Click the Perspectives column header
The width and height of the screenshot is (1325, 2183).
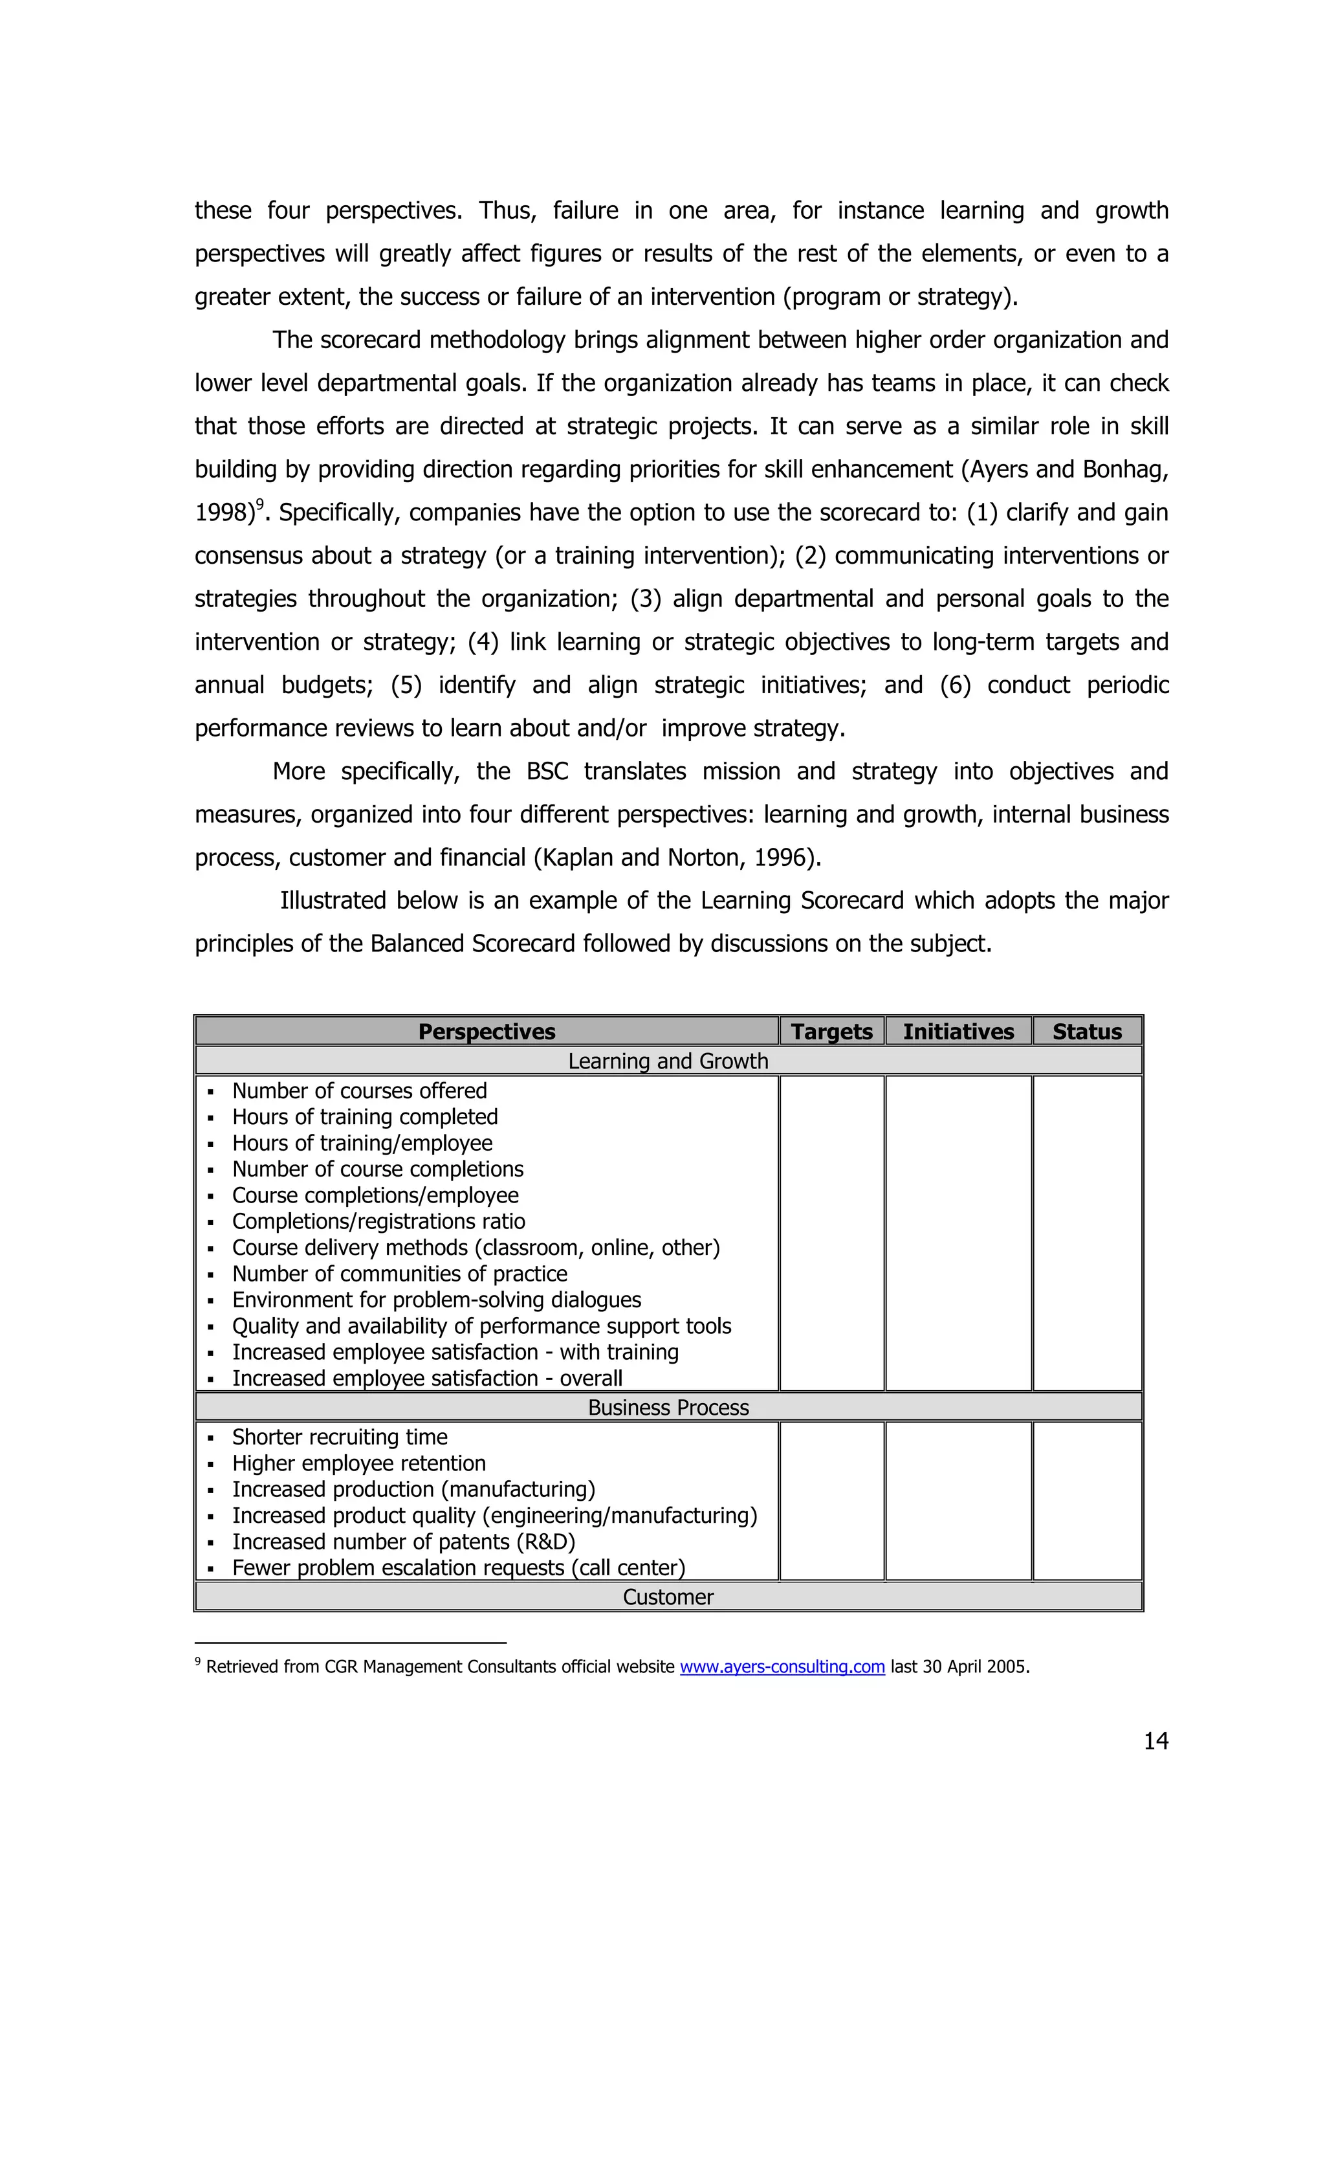pos(487,1031)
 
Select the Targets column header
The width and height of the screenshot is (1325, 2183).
pos(831,1031)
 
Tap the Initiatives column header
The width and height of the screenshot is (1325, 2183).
pos(958,1031)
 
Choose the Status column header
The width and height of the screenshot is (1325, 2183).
pos(1087,1031)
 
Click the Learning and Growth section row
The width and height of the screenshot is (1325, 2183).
pos(668,1061)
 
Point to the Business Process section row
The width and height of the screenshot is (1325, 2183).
pos(668,1407)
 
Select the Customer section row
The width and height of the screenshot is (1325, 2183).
pos(668,1597)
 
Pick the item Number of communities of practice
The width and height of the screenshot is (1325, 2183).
pos(399,1273)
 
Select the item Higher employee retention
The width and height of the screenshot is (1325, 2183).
pos(358,1463)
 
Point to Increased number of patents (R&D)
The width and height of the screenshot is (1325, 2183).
pos(403,1542)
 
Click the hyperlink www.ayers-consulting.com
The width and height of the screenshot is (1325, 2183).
pos(782,1667)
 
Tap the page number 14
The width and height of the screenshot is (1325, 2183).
pos(1155,1741)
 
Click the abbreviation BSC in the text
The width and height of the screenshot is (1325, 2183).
pos(547,771)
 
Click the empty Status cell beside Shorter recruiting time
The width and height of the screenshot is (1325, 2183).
pos(1087,1501)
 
